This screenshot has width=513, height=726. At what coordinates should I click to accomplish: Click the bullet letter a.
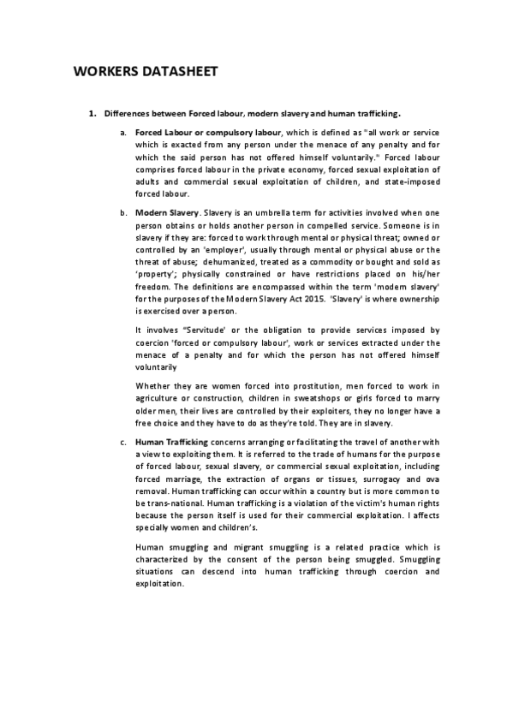(x=123, y=134)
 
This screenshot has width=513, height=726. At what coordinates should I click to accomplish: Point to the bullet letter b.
(x=123, y=211)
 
